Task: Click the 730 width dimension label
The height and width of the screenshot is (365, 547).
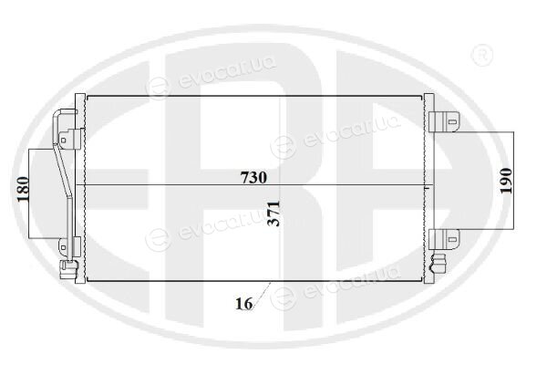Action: tap(253, 178)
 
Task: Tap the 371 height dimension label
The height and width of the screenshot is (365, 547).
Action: tap(273, 214)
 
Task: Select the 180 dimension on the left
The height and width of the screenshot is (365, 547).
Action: tap(23, 189)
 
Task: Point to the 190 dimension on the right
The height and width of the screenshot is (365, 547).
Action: tap(506, 181)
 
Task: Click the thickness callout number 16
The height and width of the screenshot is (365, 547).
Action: tap(243, 304)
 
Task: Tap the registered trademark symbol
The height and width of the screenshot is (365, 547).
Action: tap(481, 55)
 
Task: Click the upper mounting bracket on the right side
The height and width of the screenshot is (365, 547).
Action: tap(444, 122)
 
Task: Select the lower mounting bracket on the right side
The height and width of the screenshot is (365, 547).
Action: tap(444, 239)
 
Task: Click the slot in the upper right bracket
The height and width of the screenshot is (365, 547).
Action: tap(452, 122)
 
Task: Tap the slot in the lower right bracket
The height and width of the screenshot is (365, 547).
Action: tap(452, 240)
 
